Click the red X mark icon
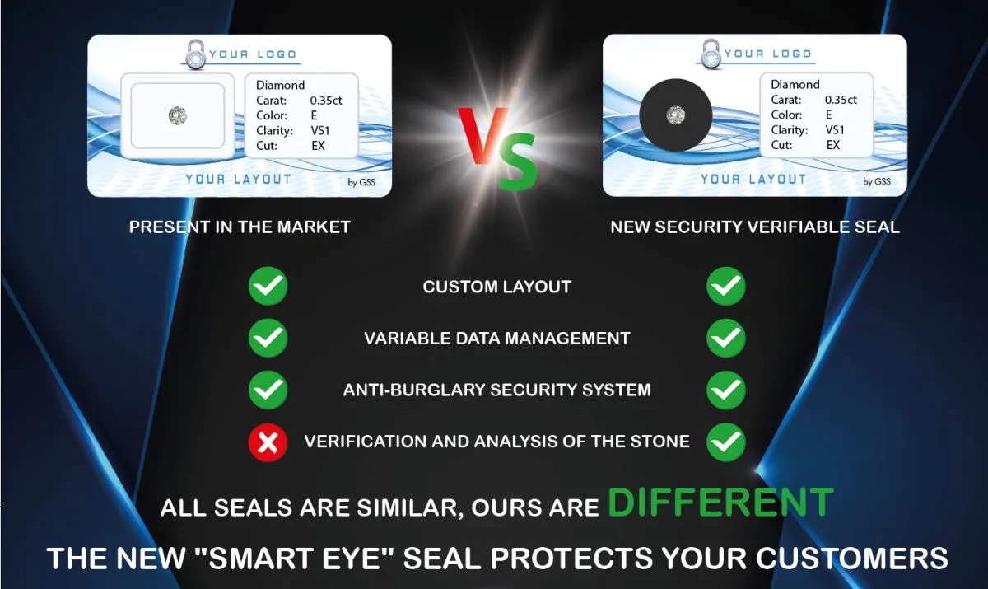(x=268, y=442)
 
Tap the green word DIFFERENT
(x=720, y=503)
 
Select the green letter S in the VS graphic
(x=518, y=161)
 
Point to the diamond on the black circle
(x=675, y=115)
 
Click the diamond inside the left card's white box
(x=178, y=115)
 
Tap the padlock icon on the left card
(x=196, y=54)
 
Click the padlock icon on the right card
(x=711, y=54)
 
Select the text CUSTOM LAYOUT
(x=497, y=287)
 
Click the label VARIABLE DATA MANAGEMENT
(x=497, y=339)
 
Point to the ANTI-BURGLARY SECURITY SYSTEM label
(x=497, y=390)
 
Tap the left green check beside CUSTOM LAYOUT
(x=268, y=286)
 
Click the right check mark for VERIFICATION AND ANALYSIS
(x=726, y=442)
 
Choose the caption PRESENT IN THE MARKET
(x=240, y=227)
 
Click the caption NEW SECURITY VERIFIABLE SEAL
(x=755, y=227)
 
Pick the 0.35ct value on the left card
(x=326, y=101)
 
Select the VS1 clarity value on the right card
(x=835, y=129)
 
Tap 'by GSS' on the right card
(x=876, y=181)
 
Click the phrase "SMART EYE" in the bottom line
(x=294, y=558)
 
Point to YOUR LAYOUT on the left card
(x=238, y=179)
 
